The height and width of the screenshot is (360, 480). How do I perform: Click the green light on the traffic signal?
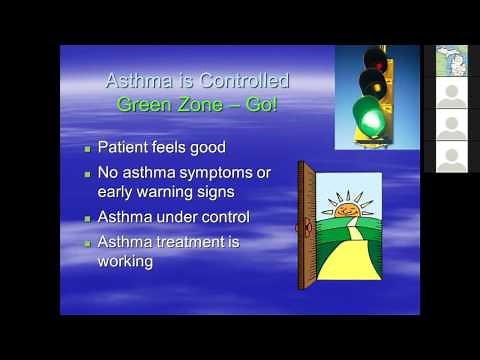(374, 120)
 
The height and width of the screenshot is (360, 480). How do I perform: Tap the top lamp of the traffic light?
(374, 59)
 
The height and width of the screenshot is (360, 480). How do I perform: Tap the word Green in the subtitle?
(141, 103)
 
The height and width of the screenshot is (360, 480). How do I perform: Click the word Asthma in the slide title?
(137, 80)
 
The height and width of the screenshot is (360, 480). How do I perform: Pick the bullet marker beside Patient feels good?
(87, 148)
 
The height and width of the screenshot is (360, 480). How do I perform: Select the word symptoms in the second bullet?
(220, 173)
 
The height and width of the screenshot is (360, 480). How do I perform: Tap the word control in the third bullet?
(226, 216)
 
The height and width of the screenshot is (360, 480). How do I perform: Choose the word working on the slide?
(125, 261)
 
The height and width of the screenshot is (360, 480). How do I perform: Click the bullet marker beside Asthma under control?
(87, 217)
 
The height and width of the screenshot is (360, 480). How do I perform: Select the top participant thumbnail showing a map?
(452, 61)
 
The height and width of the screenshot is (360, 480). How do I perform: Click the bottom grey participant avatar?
(452, 157)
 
